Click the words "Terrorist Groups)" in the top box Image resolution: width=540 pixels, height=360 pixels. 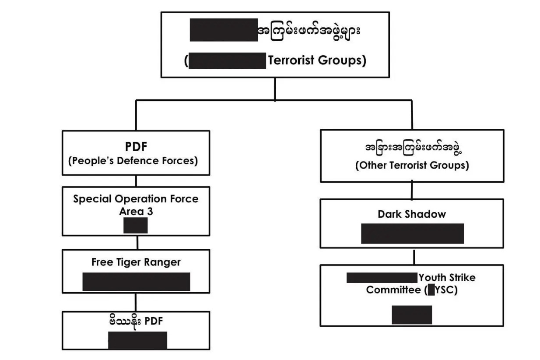tap(316, 60)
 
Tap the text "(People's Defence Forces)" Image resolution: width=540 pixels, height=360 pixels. tap(133, 161)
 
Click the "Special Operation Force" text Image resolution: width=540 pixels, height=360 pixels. tap(136, 199)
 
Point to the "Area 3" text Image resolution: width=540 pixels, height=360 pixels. tap(136, 211)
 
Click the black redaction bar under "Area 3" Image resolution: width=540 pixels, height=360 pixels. tap(136, 226)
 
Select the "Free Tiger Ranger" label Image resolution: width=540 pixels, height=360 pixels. tap(136, 262)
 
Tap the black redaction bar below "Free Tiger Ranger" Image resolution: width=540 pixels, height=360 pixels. tap(136, 282)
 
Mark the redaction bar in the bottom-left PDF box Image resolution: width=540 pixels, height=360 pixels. tap(137, 340)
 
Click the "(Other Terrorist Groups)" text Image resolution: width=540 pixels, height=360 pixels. tap(412, 166)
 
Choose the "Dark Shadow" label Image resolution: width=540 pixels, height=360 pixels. tap(412, 214)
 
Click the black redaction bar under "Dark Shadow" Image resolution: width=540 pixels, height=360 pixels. tap(412, 233)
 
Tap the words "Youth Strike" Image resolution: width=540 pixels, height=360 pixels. tap(447, 278)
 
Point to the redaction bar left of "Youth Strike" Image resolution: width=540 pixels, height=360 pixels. tap(382, 278)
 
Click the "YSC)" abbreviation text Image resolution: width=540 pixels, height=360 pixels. tap(447, 290)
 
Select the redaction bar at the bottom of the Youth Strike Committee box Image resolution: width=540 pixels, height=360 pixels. tap(412, 314)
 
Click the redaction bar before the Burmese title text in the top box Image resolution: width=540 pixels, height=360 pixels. tap(224, 30)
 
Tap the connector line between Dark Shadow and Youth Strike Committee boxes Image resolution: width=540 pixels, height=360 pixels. tap(414, 257)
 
